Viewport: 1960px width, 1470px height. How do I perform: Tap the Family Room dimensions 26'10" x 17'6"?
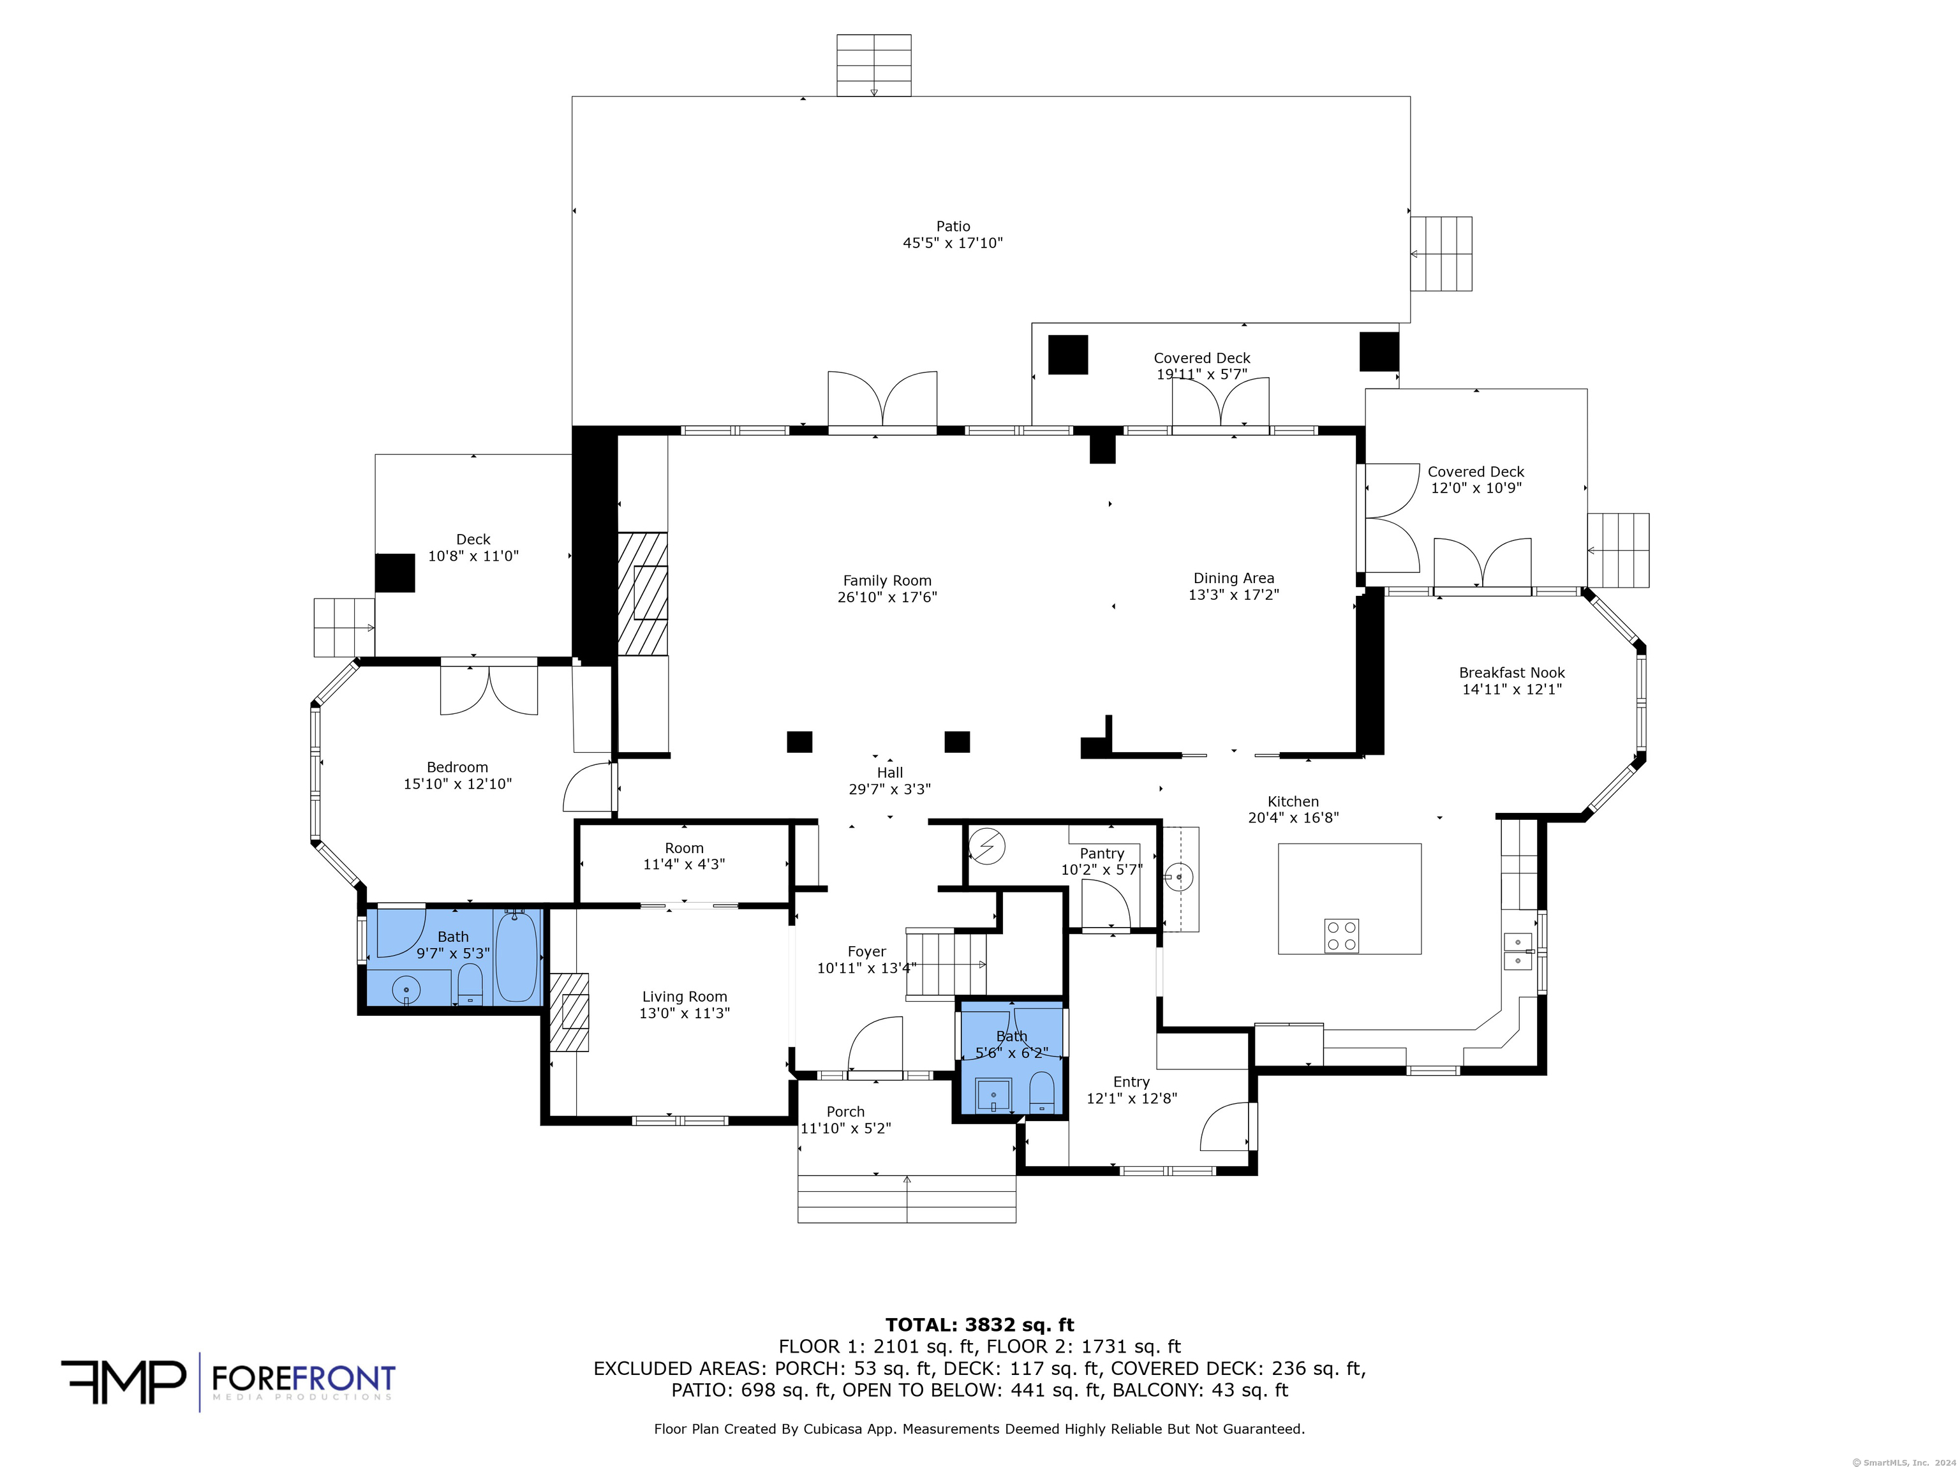pos(887,597)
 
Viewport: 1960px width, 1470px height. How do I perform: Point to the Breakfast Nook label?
pos(1511,672)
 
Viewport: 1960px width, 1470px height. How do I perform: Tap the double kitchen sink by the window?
pos(1518,951)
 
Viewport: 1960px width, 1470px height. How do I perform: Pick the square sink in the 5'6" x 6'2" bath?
pos(994,1095)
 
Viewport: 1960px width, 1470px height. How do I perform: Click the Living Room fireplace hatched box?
pos(570,1013)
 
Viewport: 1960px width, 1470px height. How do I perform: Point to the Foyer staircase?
pos(946,965)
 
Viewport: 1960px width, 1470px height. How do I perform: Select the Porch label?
pos(845,1112)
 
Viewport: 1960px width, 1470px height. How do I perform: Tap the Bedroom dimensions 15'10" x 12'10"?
pos(457,784)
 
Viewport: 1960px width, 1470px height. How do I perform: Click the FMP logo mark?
pos(123,1381)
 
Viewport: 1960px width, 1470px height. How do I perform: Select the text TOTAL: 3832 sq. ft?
pos(980,1325)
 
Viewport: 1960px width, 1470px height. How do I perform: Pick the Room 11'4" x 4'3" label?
pos(684,856)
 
